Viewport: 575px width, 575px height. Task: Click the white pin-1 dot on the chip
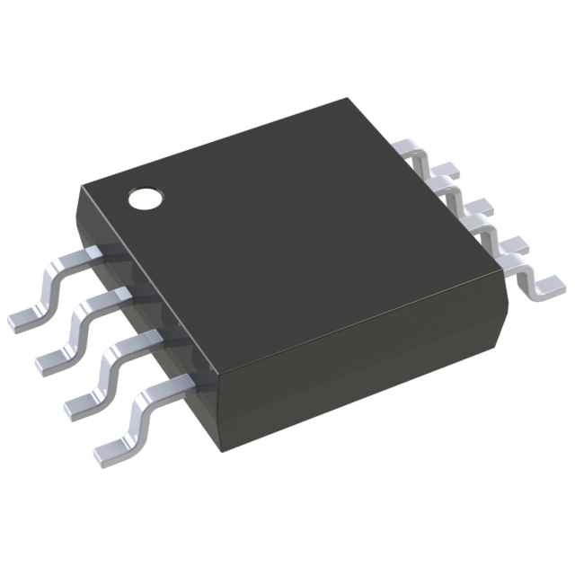[x=145, y=197]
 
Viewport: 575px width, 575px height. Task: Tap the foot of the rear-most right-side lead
[x=447, y=168]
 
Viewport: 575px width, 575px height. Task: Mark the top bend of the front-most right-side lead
[x=508, y=261]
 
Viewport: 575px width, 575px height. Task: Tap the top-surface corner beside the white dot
[x=82, y=184]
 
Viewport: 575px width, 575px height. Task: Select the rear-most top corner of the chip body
[x=347, y=101]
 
